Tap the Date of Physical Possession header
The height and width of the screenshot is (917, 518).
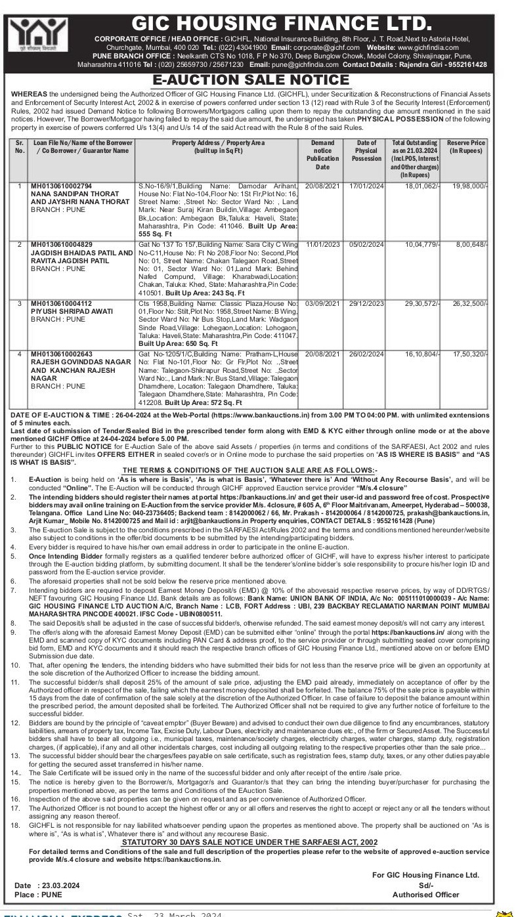[366, 150]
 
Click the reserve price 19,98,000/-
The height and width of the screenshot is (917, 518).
[470, 186]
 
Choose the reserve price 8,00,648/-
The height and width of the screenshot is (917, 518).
[472, 245]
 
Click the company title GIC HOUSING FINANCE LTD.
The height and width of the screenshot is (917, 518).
[282, 24]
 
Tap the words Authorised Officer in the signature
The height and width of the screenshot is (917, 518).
[425, 894]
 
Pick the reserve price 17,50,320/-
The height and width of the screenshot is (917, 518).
[470, 354]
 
